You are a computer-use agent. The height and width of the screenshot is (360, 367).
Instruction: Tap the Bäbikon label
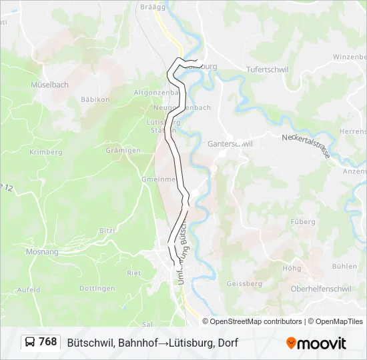(x=95, y=100)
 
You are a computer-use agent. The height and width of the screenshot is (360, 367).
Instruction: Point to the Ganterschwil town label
(x=225, y=143)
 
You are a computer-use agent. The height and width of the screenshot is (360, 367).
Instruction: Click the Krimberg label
(x=46, y=152)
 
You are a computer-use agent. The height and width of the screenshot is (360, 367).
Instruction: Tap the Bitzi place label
(x=107, y=230)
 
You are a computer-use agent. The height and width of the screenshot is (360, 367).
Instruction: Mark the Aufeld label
(x=29, y=290)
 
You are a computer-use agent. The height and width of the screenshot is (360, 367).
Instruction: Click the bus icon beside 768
(x=31, y=342)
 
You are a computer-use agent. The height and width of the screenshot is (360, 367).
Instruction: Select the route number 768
(x=48, y=342)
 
